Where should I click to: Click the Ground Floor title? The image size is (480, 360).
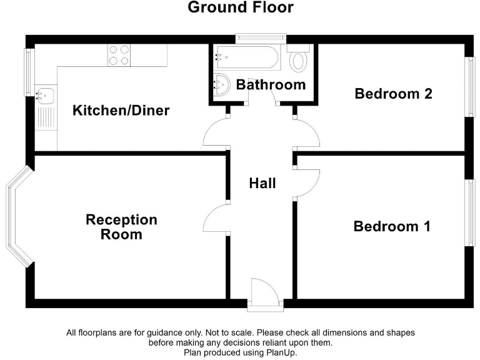[240, 7]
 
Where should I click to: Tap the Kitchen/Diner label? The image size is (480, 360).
[121, 111]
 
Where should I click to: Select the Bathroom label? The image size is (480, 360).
[271, 84]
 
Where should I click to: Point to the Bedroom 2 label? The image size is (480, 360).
[393, 94]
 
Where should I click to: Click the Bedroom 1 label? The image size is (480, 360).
[392, 226]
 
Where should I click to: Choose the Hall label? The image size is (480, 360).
[262, 183]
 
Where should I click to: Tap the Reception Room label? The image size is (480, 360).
[121, 227]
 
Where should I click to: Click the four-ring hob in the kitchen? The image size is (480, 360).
[119, 55]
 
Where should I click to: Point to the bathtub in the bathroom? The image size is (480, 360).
[248, 57]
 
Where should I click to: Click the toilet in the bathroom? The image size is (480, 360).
[300, 60]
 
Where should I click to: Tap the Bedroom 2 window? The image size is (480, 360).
[469, 87]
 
